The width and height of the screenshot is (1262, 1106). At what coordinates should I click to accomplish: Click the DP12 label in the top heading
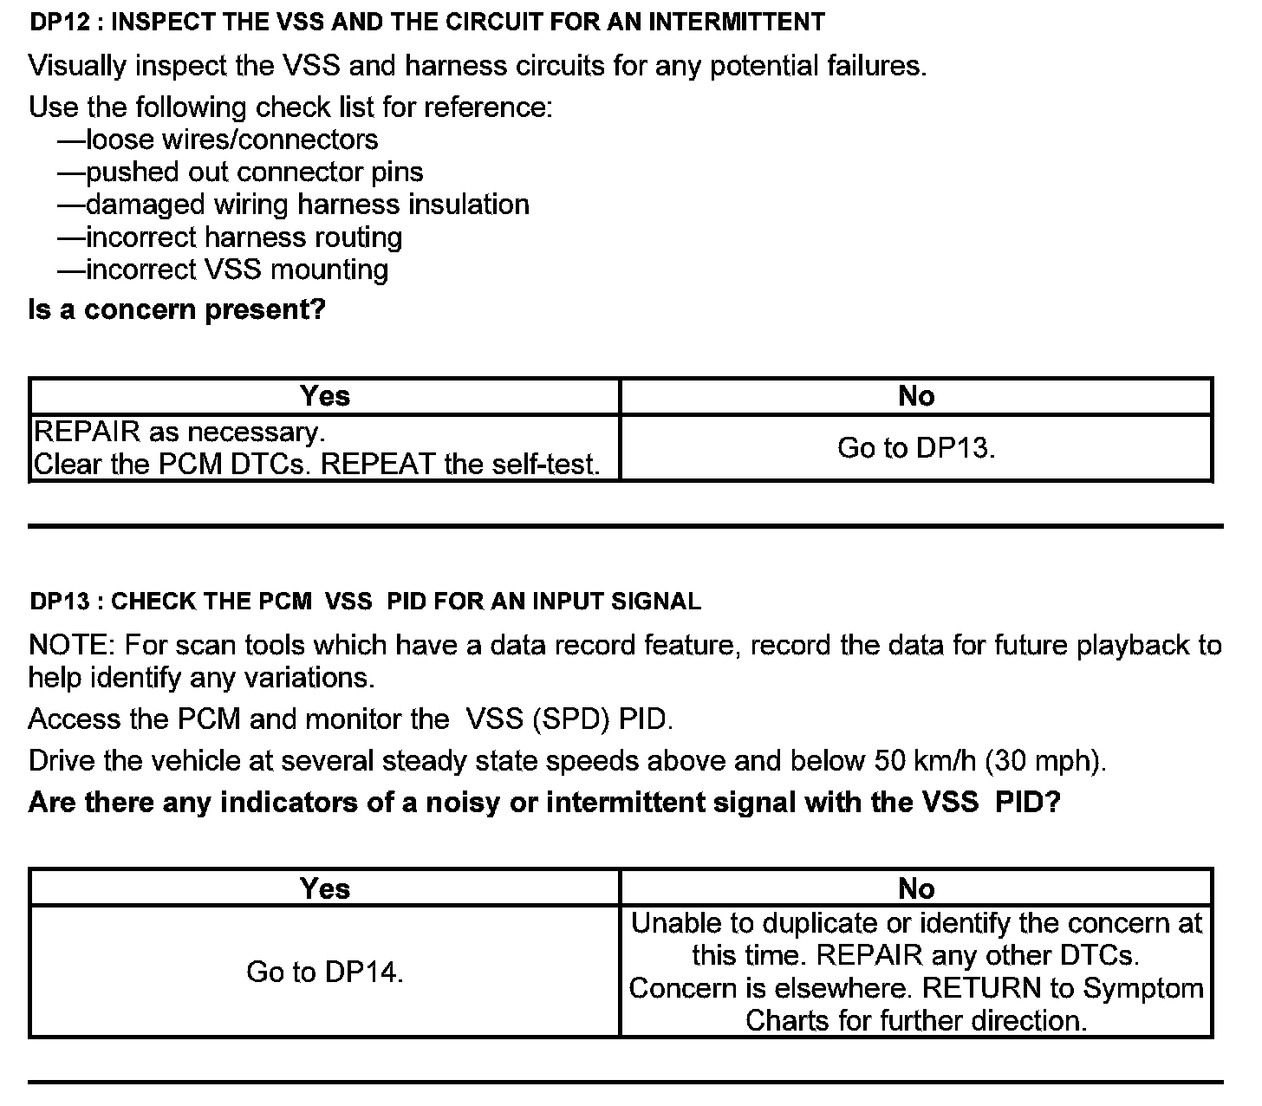[x=60, y=23]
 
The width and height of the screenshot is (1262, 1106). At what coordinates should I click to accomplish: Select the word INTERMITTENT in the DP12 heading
[x=736, y=23]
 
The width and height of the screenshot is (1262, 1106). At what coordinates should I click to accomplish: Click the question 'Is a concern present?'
[x=177, y=309]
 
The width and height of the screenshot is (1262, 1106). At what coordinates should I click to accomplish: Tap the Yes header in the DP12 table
[x=325, y=396]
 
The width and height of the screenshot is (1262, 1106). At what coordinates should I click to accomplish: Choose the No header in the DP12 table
[x=916, y=396]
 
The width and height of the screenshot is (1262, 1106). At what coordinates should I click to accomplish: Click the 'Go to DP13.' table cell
[x=916, y=448]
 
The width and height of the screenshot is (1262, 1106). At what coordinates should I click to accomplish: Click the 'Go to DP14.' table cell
[x=325, y=973]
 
